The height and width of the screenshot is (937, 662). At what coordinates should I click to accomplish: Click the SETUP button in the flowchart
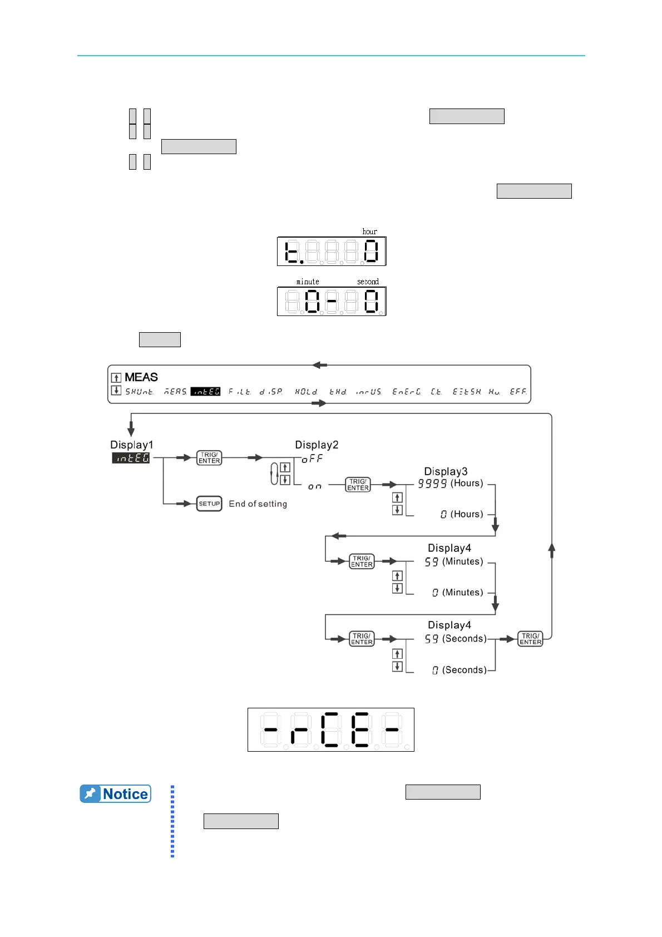click(209, 504)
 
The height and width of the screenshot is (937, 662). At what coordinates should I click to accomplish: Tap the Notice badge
click(116, 794)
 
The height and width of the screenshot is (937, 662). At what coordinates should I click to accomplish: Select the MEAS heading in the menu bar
click(141, 377)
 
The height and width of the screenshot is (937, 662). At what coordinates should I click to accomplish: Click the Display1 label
click(131, 445)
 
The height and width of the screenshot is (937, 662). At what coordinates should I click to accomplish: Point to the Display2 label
click(317, 445)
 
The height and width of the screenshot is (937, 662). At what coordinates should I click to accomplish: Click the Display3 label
click(446, 471)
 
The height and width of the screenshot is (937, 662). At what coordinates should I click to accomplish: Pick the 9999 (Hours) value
click(451, 484)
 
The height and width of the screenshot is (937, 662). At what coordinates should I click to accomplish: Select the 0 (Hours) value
click(462, 514)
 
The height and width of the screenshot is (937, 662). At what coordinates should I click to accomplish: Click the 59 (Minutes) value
click(454, 562)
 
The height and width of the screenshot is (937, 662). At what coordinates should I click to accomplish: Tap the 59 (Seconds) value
click(456, 639)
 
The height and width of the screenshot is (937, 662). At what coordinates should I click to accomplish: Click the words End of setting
click(258, 504)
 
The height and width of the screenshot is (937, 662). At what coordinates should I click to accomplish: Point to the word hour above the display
click(370, 231)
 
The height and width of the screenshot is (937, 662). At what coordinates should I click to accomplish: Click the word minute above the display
click(308, 282)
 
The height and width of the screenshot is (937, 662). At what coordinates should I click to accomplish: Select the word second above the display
click(368, 282)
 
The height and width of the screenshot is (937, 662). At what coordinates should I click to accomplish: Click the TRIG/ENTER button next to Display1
click(209, 458)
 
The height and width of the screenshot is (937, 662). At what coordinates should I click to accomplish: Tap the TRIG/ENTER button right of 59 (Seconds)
click(530, 639)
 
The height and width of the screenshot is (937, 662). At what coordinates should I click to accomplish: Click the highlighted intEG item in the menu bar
click(206, 392)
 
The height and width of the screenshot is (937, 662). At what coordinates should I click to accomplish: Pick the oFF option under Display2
click(312, 458)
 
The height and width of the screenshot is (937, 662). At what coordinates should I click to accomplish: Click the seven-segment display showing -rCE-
click(331, 729)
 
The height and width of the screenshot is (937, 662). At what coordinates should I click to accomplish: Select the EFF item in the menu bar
click(518, 392)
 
